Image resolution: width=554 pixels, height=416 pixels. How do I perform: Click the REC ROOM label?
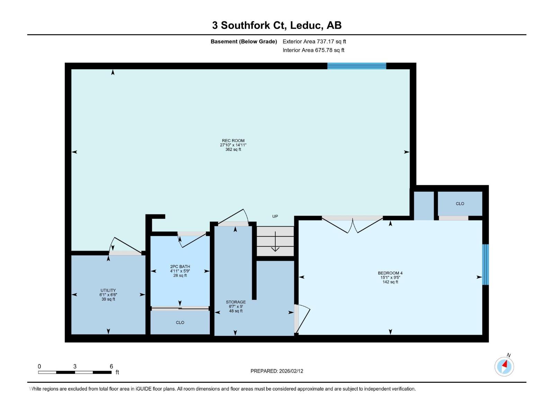point(233,141)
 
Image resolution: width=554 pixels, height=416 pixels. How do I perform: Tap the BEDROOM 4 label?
point(390,273)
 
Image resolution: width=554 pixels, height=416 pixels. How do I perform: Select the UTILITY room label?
point(108,291)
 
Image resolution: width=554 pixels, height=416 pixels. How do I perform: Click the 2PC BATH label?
point(180,267)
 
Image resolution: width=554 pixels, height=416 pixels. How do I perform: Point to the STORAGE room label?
point(236,302)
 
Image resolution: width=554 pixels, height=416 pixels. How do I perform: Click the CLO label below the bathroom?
point(180,322)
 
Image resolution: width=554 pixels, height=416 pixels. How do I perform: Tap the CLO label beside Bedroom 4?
point(460,204)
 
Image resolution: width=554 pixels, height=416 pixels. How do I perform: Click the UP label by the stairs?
point(275,216)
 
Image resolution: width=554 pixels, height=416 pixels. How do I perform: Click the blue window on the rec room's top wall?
point(357,66)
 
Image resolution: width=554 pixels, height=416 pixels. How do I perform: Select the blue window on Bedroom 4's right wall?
point(485,265)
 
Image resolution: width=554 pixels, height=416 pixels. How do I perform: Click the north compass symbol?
point(504,366)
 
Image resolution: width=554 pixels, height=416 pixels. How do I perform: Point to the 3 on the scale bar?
point(75,366)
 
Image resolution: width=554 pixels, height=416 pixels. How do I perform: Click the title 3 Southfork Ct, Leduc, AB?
point(277,25)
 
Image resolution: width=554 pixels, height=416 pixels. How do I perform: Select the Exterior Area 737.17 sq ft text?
point(314,42)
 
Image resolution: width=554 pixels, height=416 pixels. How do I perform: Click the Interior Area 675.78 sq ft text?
point(313,50)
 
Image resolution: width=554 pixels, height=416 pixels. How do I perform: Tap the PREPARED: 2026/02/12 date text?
point(277,371)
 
